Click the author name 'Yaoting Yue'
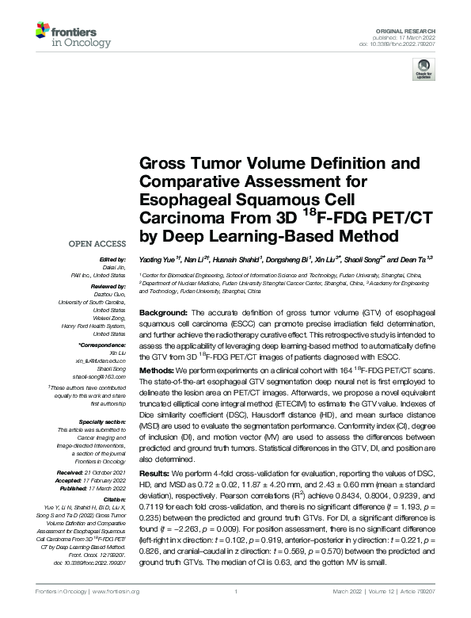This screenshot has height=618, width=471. click(x=155, y=258)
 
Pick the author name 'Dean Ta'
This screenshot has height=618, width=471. click(x=416, y=258)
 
